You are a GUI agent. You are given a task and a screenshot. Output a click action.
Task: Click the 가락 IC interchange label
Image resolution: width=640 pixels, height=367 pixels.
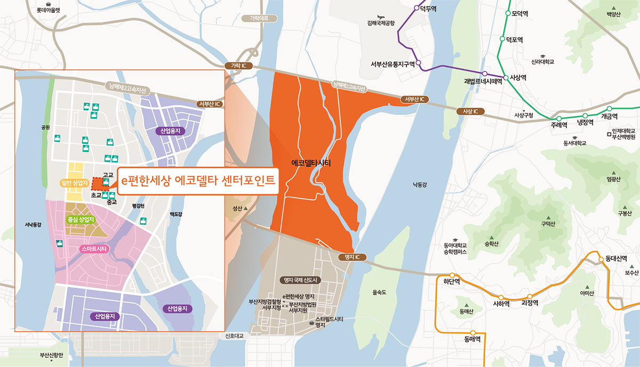(x=238, y=66)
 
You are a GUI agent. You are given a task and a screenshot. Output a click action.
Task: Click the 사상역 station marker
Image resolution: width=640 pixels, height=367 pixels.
(x=506, y=77)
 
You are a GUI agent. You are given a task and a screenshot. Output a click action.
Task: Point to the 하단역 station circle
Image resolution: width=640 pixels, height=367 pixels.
(x=452, y=275)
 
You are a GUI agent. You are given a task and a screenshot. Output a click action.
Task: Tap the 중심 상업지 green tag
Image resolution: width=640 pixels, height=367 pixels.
(x=81, y=219)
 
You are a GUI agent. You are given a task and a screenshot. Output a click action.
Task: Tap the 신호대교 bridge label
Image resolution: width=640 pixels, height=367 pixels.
(x=234, y=336)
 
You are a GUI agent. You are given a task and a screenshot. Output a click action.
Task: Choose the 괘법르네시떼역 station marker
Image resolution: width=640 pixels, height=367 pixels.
(x=485, y=74)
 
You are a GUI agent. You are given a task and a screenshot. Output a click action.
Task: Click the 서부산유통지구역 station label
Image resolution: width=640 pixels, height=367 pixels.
(x=393, y=64)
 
